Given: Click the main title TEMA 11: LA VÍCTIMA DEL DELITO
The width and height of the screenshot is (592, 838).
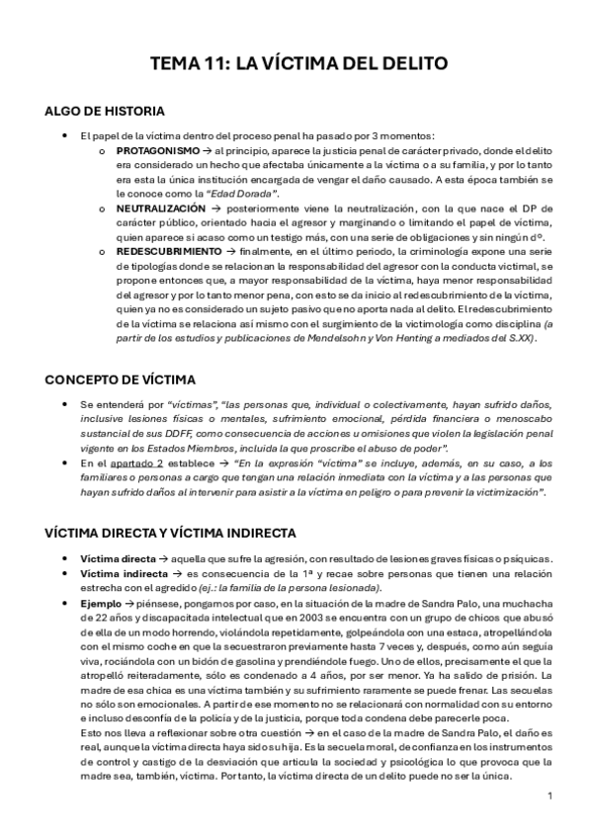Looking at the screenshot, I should tap(297, 64).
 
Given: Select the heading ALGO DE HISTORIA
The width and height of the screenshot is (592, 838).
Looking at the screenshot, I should tap(105, 111).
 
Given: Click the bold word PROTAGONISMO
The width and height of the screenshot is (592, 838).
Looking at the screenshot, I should tap(151, 149).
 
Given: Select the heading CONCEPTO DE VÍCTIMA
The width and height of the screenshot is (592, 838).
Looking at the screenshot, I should tap(121, 379).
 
